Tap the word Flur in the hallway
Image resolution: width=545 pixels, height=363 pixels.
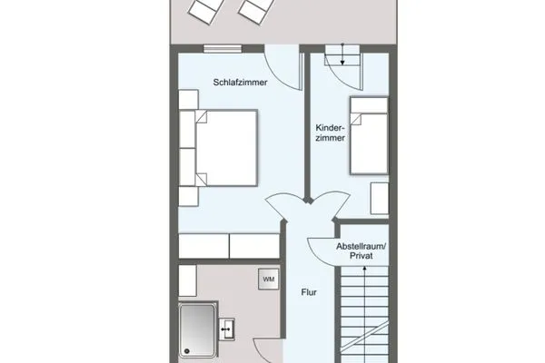pyautogui.click(x=310, y=292)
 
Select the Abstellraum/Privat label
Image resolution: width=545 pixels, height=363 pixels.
pyautogui.click(x=361, y=251)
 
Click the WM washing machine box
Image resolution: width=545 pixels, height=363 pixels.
pyautogui.click(x=269, y=279)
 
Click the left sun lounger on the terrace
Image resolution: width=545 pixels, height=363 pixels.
pyautogui.click(x=203, y=12)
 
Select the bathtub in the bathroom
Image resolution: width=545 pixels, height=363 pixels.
pyautogui.click(x=198, y=330)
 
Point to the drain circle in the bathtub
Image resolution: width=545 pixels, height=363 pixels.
pyautogui.click(x=185, y=348)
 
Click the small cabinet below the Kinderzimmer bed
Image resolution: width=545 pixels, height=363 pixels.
pyautogui.click(x=379, y=198)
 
